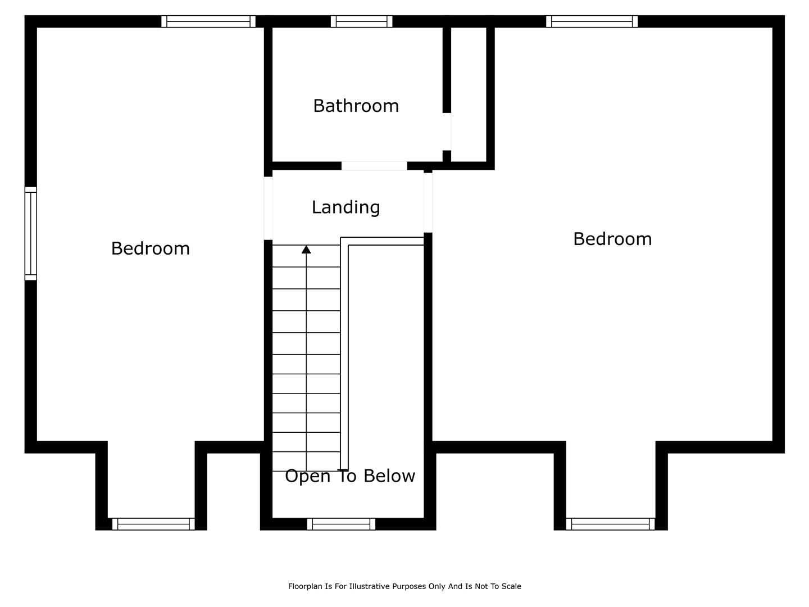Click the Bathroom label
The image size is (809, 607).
point(356,106)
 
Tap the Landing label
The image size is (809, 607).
point(346,207)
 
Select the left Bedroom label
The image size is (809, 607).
point(151,248)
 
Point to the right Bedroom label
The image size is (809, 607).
point(612,239)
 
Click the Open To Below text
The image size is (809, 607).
point(350,476)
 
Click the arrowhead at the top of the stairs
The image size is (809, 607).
point(306,250)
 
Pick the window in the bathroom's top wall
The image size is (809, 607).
point(361,21)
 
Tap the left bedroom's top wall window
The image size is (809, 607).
point(208,21)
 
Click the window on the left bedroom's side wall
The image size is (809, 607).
point(30,233)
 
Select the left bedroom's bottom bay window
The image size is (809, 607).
point(153,524)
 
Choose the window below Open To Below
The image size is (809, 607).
point(341,524)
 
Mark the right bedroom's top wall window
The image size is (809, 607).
point(592,21)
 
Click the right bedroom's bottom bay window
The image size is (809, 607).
point(610,524)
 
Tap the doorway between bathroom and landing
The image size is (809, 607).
point(374,166)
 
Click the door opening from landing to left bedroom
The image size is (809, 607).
point(268,208)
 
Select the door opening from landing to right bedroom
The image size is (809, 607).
point(428,203)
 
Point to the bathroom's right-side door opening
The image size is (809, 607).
point(447,132)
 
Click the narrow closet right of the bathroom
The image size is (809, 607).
point(469,94)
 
